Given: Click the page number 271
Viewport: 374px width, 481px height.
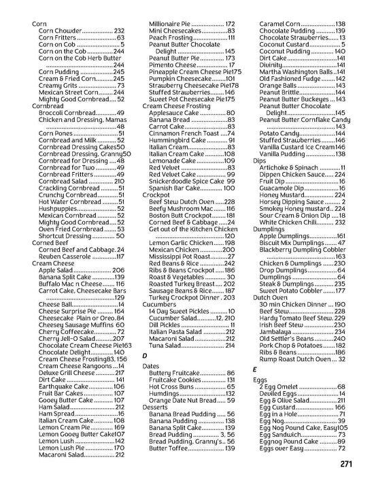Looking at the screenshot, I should [342, 465].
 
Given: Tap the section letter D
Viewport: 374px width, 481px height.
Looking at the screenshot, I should [145, 355].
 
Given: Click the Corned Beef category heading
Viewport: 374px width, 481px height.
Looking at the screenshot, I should [49, 242].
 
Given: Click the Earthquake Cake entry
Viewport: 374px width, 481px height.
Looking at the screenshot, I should [67, 386].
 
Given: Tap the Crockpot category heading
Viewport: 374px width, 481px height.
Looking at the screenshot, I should [156, 195].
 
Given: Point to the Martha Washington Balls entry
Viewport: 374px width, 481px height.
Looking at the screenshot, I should [296, 71].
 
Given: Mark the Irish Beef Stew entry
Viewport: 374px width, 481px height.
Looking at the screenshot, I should [282, 323].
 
